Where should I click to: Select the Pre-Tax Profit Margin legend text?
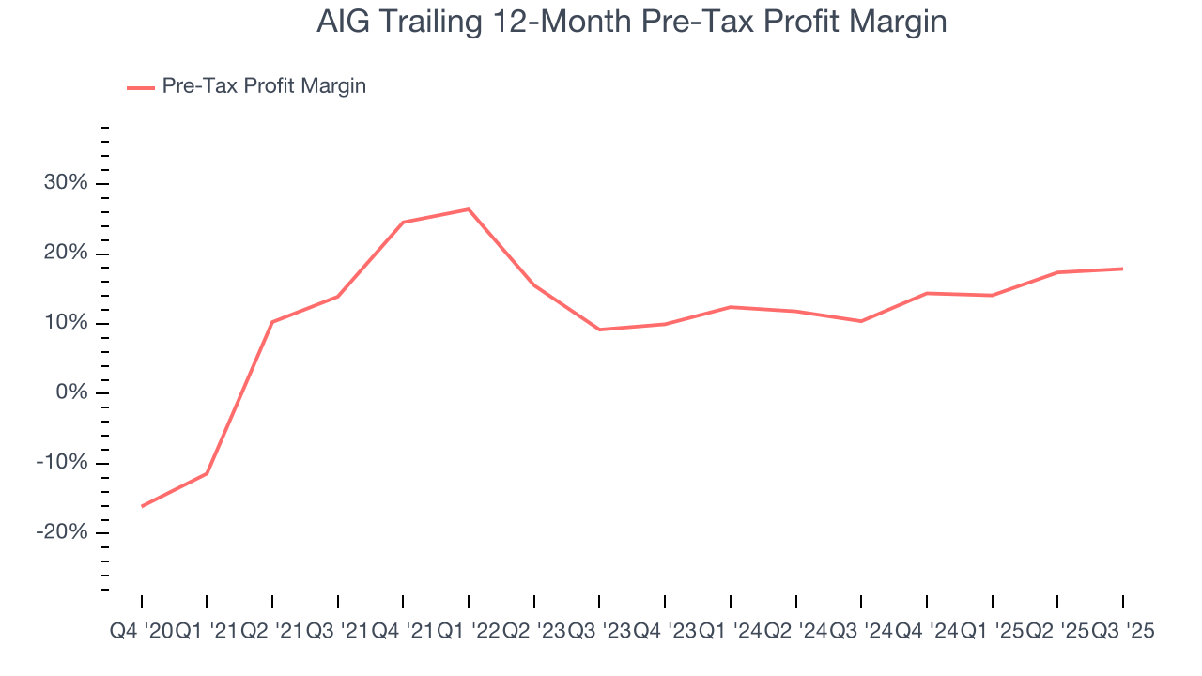pos(264,86)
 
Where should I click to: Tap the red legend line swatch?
pos(141,87)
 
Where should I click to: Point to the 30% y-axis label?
pos(66,183)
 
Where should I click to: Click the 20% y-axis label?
pos(66,253)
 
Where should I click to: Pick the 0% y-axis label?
pos(71,393)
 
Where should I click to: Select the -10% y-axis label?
pos(62,463)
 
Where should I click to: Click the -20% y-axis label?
pos(62,532)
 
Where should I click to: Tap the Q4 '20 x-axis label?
pos(141,632)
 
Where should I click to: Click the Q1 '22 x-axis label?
pos(469,632)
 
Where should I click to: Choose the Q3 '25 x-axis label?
pos(1123,632)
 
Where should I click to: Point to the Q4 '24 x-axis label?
pos(927,632)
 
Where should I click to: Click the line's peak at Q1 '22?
pos(469,209)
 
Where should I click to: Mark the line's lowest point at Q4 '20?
pos(142,506)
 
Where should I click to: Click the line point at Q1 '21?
pos(207,473)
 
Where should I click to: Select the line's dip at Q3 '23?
pos(599,330)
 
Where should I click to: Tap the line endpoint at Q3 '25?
pos(1123,269)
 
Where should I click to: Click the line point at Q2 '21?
pos(272,322)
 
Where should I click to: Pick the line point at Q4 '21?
pos(403,223)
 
